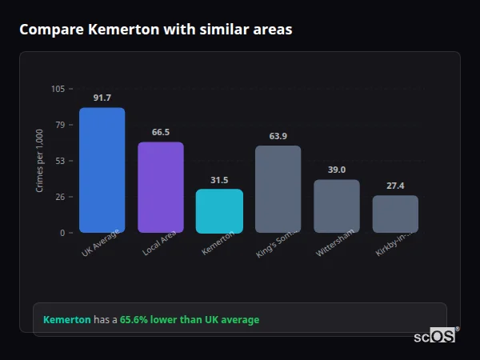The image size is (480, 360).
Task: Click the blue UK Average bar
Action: (102, 170)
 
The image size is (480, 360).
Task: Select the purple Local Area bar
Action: (161, 188)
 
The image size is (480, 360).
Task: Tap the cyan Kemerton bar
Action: (219, 211)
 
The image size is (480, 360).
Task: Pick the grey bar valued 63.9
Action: (278, 190)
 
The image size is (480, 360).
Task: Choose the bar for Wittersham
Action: (337, 206)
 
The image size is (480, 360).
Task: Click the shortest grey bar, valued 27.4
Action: (395, 214)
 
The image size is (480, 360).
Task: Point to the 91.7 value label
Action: (102, 98)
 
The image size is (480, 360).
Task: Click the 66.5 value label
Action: (161, 132)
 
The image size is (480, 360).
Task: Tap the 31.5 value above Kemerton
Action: (219, 180)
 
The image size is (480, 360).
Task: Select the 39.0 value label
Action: (337, 170)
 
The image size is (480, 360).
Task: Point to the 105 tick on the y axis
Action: (58, 89)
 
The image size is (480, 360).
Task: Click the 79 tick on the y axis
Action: (60, 125)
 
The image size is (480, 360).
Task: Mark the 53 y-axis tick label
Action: (60, 161)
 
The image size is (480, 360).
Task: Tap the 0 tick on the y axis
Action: (62, 233)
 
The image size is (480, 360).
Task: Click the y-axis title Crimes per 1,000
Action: (39, 161)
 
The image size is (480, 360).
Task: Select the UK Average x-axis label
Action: (101, 243)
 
